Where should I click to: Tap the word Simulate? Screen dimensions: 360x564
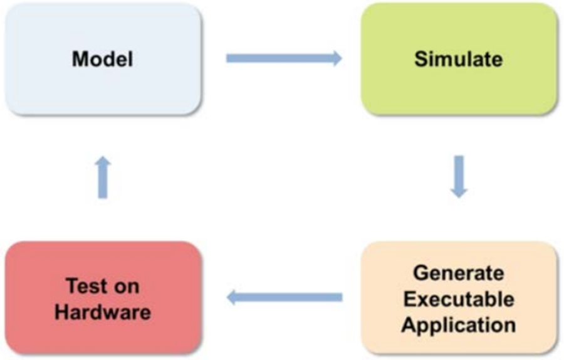click(458, 59)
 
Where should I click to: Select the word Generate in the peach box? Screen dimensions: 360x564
click(459, 273)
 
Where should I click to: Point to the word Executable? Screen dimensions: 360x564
click(459, 299)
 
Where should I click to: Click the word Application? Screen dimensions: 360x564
click(459, 325)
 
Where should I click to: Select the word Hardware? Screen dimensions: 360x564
click(103, 312)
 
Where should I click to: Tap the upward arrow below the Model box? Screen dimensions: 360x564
click(103, 178)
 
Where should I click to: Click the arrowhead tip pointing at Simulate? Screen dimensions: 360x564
click(340, 58)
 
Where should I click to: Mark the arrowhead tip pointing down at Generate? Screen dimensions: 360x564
click(459, 197)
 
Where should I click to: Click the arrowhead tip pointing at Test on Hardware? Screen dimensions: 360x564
click(227, 297)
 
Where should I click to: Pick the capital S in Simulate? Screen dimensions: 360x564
click(420, 59)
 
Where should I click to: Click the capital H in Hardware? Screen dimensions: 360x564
click(61, 312)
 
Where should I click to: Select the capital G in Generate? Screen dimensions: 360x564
click(420, 273)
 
